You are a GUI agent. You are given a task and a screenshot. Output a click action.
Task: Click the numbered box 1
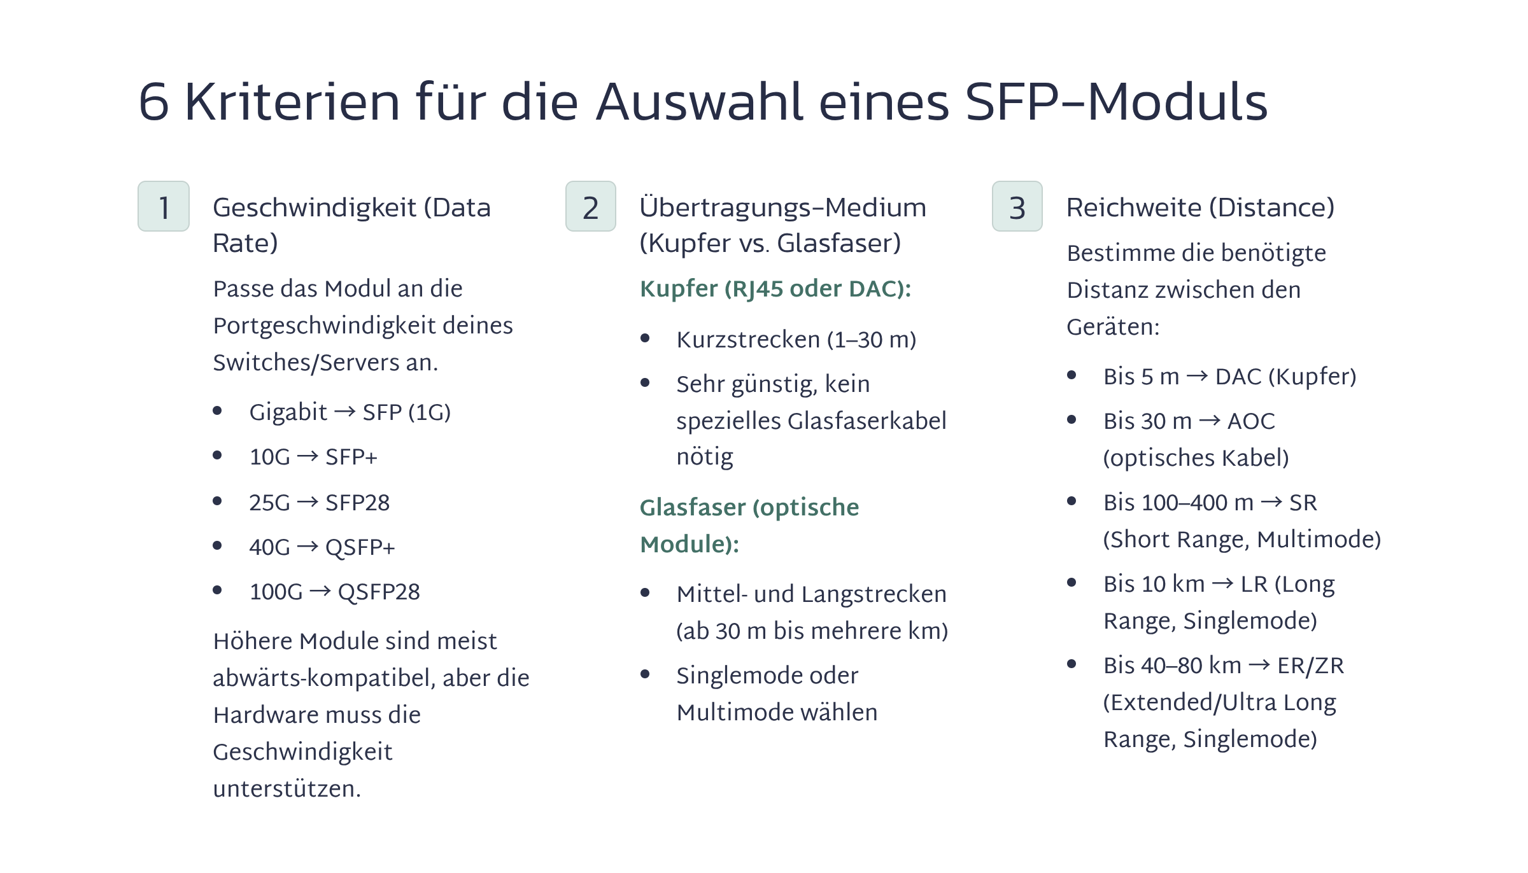164,206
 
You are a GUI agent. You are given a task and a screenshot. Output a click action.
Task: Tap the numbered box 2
591,206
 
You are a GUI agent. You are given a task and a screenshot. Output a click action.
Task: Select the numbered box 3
1017,206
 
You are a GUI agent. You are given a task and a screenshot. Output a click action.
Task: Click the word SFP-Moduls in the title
1117,101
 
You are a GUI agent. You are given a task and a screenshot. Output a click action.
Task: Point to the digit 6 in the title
154,102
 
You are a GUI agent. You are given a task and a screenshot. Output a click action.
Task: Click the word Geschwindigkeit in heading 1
315,209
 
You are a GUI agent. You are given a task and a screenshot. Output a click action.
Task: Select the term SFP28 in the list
357,503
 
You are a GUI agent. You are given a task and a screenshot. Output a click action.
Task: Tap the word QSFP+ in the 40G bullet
360,548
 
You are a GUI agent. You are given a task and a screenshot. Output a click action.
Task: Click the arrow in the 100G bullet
320,592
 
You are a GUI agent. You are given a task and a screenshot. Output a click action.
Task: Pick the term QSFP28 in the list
379,592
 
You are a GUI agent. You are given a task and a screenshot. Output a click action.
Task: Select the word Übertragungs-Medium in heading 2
783,209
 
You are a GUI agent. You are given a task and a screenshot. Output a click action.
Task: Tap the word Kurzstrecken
748,340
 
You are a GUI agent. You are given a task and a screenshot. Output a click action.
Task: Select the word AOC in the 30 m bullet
1251,421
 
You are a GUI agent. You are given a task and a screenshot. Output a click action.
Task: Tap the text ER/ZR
1311,666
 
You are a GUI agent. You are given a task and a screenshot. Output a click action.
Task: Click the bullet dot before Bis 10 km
1072,582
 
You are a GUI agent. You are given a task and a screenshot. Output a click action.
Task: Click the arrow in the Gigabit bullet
345,412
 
